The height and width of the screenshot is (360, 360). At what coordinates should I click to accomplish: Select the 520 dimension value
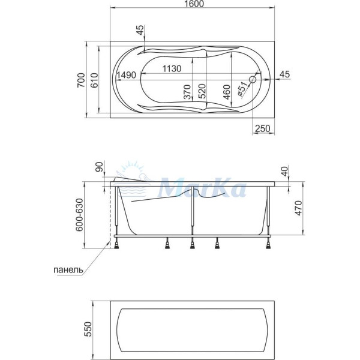point(203,91)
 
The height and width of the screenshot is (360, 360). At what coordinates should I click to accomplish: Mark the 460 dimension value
point(227,91)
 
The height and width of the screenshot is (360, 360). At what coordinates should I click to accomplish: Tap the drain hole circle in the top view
point(253,79)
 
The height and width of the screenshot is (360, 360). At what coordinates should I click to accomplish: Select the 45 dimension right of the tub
point(284,74)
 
